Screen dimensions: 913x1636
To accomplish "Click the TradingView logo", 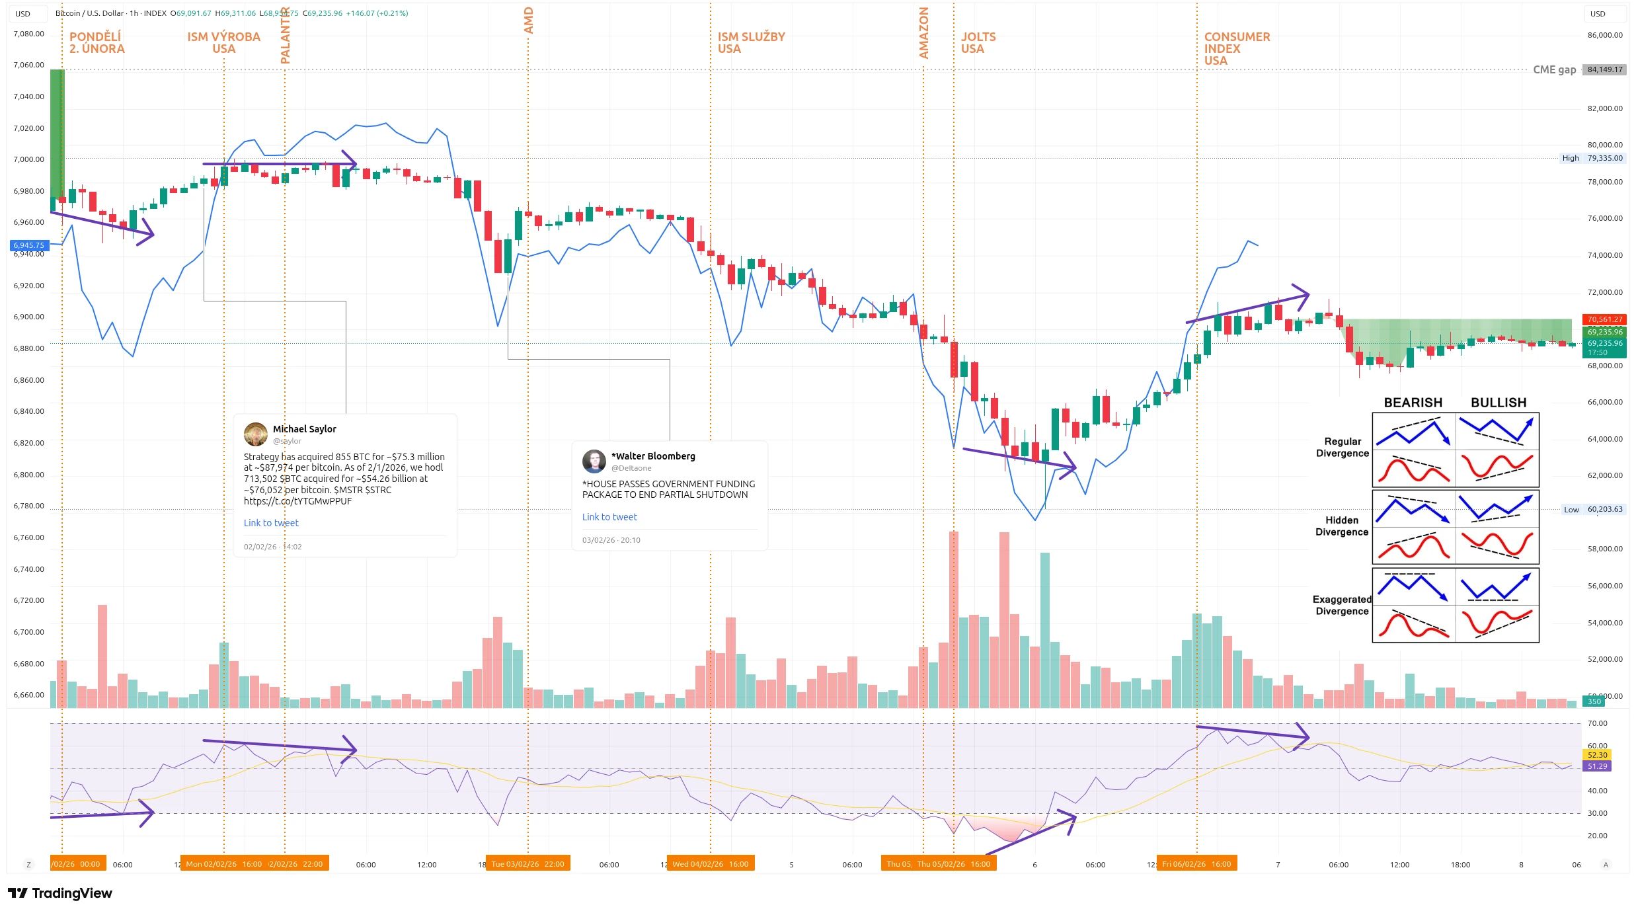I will [x=60, y=893].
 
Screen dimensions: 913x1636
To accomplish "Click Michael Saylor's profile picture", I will [x=255, y=434].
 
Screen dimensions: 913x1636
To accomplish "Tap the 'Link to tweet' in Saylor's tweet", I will [x=271, y=523].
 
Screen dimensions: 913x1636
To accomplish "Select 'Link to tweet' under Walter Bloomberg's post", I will [x=609, y=517].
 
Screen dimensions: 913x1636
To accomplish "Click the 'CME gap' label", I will [x=1554, y=69].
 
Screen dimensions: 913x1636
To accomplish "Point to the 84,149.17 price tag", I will [x=1605, y=69].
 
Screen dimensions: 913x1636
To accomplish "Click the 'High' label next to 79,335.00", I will [x=1570, y=158].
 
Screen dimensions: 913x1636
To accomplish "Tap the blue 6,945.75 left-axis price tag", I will [x=28, y=245].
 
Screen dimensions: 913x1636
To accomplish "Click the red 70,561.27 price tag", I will [x=1605, y=319].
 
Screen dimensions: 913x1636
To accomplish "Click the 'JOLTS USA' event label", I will [x=978, y=43].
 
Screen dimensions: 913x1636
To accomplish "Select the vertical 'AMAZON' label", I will [x=923, y=33].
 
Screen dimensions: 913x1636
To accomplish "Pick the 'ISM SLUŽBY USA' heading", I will [x=751, y=43].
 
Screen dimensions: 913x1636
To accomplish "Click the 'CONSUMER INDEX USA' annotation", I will [x=1236, y=48].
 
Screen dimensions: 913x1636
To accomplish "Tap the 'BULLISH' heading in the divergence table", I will [x=1498, y=403].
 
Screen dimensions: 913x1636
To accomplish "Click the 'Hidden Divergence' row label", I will [x=1341, y=526].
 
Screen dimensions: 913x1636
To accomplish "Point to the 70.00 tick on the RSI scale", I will [x=1597, y=723].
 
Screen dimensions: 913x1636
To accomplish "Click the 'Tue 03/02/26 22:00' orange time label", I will [x=527, y=864].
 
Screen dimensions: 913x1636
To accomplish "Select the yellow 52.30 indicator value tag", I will [x=1597, y=755].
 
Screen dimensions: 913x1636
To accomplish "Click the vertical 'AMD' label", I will [x=528, y=20].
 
